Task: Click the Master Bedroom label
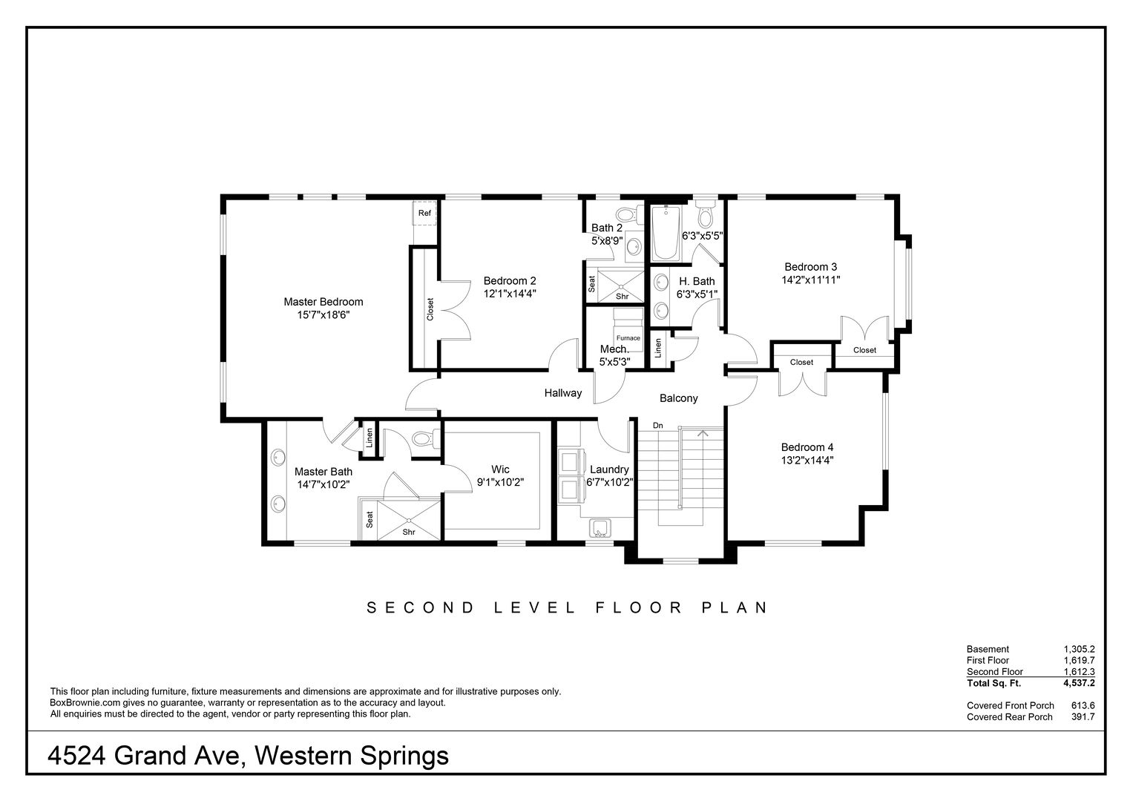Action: pos(324,302)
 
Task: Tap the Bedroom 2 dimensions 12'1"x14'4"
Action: pos(509,294)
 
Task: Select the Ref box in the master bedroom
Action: pos(424,213)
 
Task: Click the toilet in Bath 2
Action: pos(630,214)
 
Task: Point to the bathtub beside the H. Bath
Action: pos(665,233)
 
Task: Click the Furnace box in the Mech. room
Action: pos(628,337)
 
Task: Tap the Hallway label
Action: pos(563,393)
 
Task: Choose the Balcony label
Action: pos(678,398)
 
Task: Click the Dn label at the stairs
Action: pos(657,426)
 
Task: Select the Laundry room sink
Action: pos(600,528)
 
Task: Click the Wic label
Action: pos(500,469)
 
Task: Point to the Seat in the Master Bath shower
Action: pos(370,520)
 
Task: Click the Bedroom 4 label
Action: pos(807,447)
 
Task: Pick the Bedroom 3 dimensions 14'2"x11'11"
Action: pos(811,280)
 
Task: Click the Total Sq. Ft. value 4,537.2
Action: pos(1079,683)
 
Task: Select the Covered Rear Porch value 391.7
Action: pos(1083,717)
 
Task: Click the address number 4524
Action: pos(76,756)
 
